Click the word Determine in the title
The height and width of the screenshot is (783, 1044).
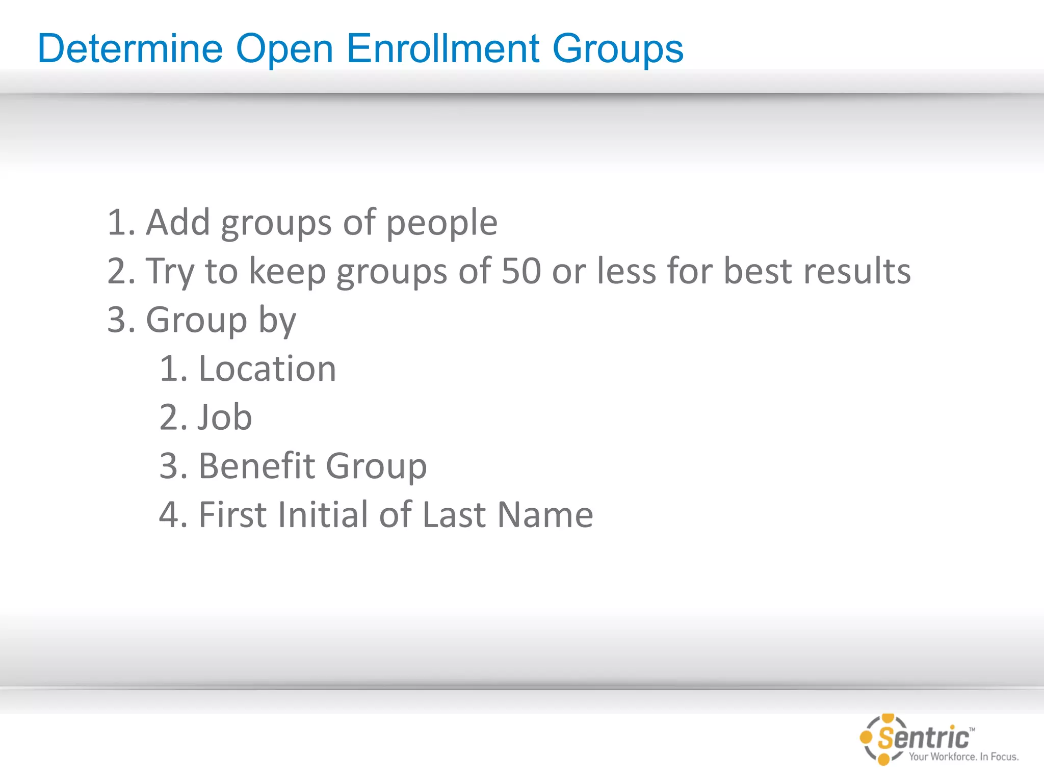coord(130,49)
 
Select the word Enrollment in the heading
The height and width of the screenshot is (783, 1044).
coord(443,49)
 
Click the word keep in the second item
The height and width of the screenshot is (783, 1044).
coord(287,272)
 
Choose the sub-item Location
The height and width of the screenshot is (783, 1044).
coord(267,369)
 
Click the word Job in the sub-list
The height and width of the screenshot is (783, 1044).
coord(225,417)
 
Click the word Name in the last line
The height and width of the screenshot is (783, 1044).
coord(545,514)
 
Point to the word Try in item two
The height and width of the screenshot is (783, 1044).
coord(170,272)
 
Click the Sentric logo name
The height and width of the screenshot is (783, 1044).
coord(923,738)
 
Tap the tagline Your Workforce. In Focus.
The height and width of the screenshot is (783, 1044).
coord(963,756)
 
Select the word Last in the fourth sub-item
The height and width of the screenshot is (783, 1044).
coord(454,514)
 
